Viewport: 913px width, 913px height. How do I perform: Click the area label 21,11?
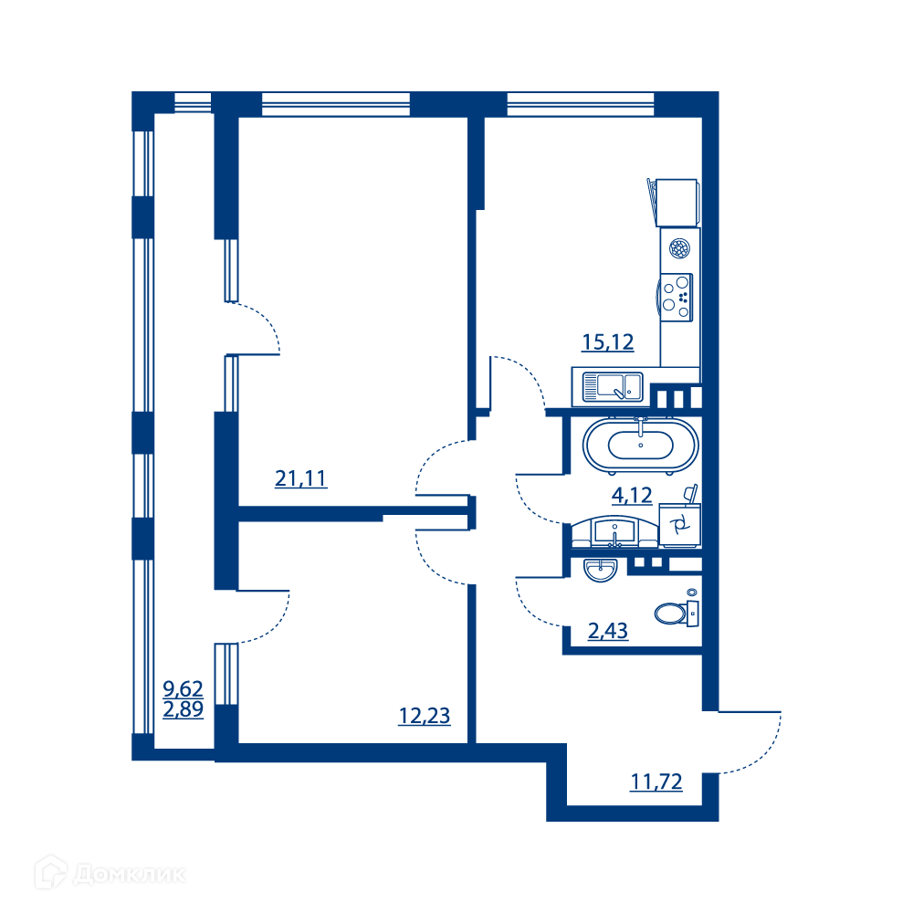coord(300,478)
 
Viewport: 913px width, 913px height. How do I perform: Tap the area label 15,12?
coord(608,341)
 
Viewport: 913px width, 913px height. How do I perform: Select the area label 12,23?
coord(424,716)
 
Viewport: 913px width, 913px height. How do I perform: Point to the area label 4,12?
coord(632,495)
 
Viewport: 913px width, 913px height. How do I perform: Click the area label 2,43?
coord(608,631)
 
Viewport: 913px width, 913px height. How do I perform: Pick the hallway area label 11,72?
coord(656,782)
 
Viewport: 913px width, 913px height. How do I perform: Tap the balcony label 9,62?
coord(183,688)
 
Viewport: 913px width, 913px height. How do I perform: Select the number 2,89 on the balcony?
coord(183,709)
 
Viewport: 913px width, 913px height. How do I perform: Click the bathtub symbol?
coord(641,446)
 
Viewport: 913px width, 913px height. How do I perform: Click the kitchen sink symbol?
coord(613,387)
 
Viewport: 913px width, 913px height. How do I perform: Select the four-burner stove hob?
coord(676,297)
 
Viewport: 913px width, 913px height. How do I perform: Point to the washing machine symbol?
coord(679,525)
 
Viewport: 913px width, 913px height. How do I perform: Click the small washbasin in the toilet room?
coord(601,570)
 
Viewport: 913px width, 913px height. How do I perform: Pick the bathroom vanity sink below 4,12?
coord(614,532)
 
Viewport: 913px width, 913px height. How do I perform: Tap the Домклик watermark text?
coord(130,875)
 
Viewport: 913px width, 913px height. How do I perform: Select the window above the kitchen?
coord(581,104)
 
